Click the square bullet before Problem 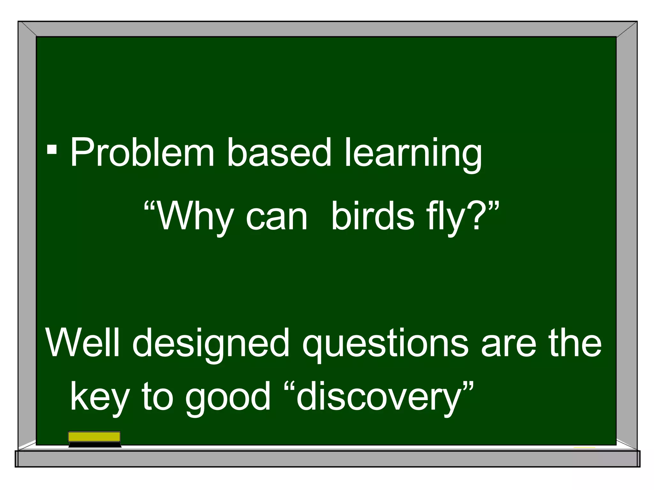(x=52, y=149)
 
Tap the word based (x=279, y=152)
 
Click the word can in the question (x=277, y=218)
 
